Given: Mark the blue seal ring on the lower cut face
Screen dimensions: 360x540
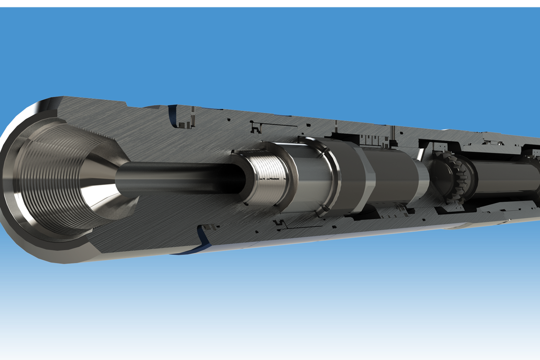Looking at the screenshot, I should tap(202, 240).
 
